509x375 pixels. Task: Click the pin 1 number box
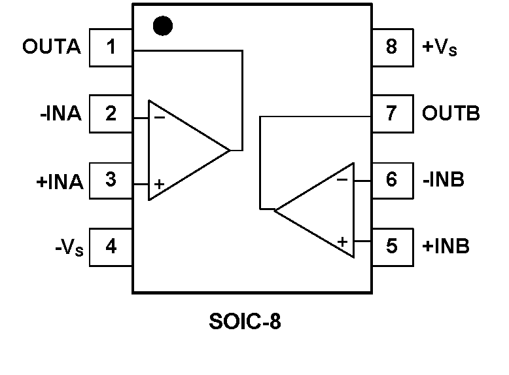tap(111, 47)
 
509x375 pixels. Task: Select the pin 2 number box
tap(111, 114)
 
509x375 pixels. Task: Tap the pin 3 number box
tap(111, 179)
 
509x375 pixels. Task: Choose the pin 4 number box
tap(111, 247)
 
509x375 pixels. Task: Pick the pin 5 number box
tap(392, 247)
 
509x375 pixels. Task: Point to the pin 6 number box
tap(392, 179)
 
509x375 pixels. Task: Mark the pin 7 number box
tap(392, 114)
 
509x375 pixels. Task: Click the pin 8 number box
tap(392, 47)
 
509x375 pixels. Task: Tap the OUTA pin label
tap(52, 47)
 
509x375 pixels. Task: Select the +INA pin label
tap(60, 181)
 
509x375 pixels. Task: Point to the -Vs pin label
tap(69, 248)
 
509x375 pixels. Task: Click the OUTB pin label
tap(451, 114)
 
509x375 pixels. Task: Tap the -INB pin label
tap(443, 179)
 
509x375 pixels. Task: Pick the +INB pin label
tap(446, 247)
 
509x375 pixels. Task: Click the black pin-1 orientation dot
tap(162, 26)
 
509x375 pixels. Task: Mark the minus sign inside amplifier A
tap(159, 118)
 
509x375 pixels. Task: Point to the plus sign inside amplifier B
tap(342, 241)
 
